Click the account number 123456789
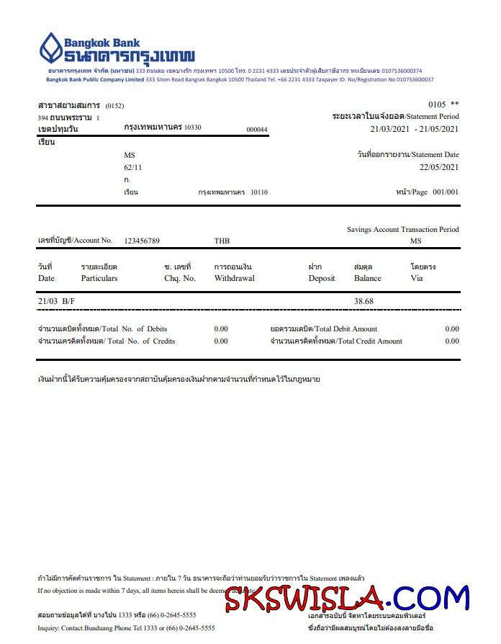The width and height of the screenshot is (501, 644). tap(142, 241)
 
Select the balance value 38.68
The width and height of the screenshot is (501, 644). tap(364, 300)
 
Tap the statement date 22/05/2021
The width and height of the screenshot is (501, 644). tap(438, 167)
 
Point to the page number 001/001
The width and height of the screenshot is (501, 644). tap(445, 192)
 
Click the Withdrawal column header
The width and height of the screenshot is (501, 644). tap(234, 278)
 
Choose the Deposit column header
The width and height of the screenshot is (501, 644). tap(322, 278)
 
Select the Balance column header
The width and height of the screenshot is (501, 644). tap(367, 278)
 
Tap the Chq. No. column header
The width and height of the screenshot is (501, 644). tap(180, 278)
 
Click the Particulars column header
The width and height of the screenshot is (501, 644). tap(99, 278)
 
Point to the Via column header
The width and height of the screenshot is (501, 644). tap(416, 278)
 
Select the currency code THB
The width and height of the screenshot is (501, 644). tap(222, 241)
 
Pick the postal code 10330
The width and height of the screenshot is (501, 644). tap(193, 128)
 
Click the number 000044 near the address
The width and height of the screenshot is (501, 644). tap(256, 130)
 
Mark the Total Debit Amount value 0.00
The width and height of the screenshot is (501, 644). tap(451, 328)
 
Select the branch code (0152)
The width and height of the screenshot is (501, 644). tap(114, 106)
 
